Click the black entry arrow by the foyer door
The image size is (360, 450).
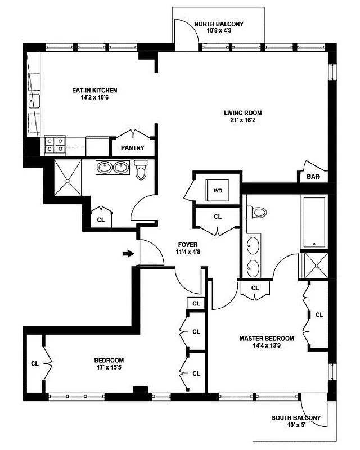(x=128, y=254)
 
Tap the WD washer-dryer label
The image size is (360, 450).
(x=217, y=190)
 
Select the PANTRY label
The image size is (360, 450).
(x=133, y=148)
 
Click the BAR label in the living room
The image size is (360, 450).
(x=313, y=177)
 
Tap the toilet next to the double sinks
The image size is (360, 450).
(x=141, y=169)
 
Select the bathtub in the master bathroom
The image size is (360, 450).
(x=313, y=222)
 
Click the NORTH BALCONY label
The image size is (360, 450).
(x=218, y=24)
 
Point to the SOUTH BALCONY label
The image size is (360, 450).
(x=296, y=418)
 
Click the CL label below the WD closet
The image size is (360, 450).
(x=218, y=217)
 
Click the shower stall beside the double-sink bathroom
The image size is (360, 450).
(x=67, y=177)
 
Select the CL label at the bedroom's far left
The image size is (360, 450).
(x=35, y=363)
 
